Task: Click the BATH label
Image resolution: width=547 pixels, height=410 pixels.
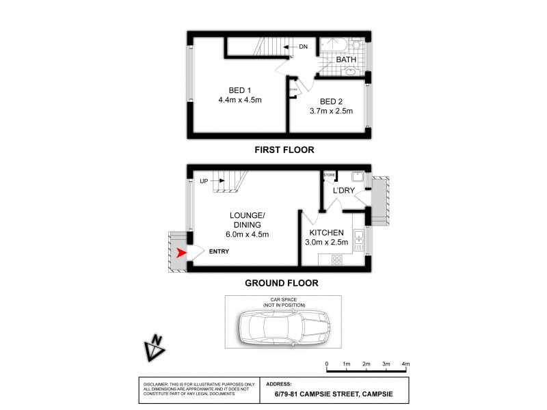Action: [x=346, y=60]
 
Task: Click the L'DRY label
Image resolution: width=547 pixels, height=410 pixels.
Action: [x=343, y=191]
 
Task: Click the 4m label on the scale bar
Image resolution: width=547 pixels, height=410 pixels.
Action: [x=405, y=364]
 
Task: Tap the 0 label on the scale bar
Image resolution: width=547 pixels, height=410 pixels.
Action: [x=327, y=364]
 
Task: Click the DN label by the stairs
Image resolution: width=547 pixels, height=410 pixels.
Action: [x=304, y=46]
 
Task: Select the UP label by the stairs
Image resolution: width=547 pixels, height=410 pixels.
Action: [x=204, y=181]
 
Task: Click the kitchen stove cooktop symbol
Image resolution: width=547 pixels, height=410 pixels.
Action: [x=337, y=260]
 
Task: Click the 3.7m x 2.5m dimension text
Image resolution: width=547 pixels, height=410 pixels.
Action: [x=331, y=111]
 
